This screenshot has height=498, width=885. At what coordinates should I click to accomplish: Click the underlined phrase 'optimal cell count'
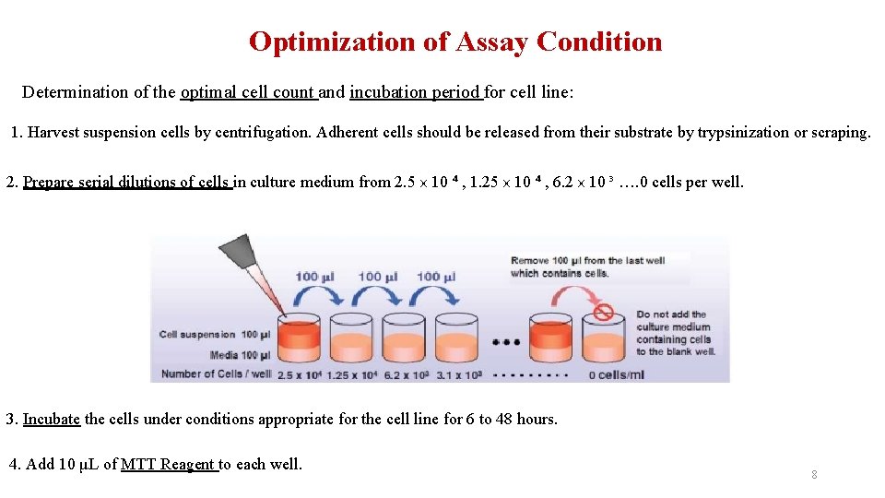[x=248, y=92]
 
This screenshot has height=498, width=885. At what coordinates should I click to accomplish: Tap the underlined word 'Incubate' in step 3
[x=52, y=420]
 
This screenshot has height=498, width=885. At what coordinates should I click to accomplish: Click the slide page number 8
[x=814, y=475]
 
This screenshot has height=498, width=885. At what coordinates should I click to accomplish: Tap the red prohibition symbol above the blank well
[x=603, y=312]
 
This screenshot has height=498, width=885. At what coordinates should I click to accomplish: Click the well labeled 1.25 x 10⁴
[x=350, y=338]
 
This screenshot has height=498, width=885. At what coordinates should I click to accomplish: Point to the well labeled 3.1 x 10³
[x=454, y=338]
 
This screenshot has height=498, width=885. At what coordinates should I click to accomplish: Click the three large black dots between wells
[x=506, y=342]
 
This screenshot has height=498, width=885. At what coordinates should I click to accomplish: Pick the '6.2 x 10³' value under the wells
[x=403, y=374]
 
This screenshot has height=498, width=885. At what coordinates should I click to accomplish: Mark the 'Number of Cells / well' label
[x=216, y=374]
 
